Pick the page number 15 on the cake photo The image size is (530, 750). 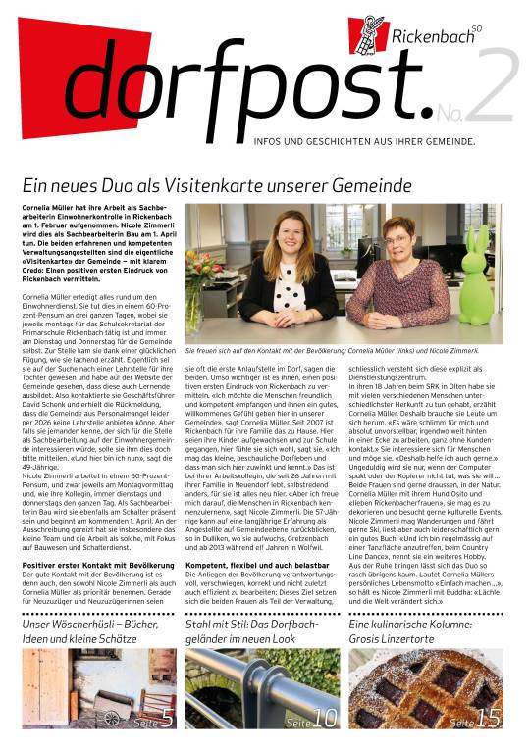(488, 721)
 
